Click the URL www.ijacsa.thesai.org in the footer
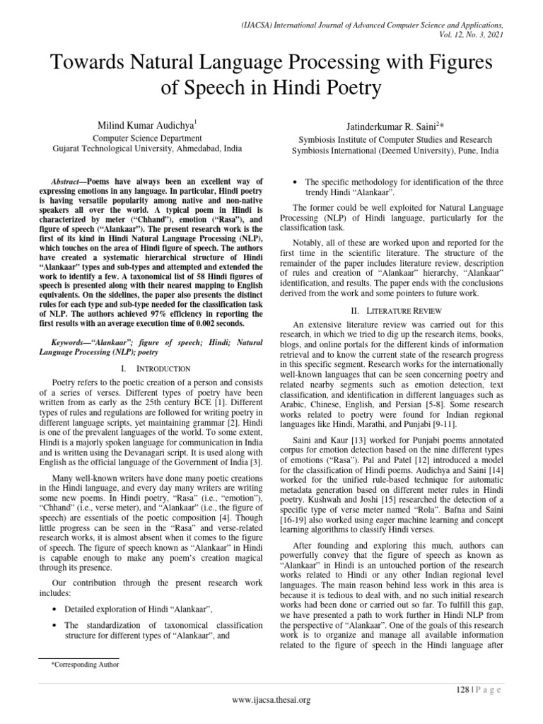[x=271, y=700]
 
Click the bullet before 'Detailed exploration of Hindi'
[x=54, y=609]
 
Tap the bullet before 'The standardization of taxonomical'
[x=54, y=626]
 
